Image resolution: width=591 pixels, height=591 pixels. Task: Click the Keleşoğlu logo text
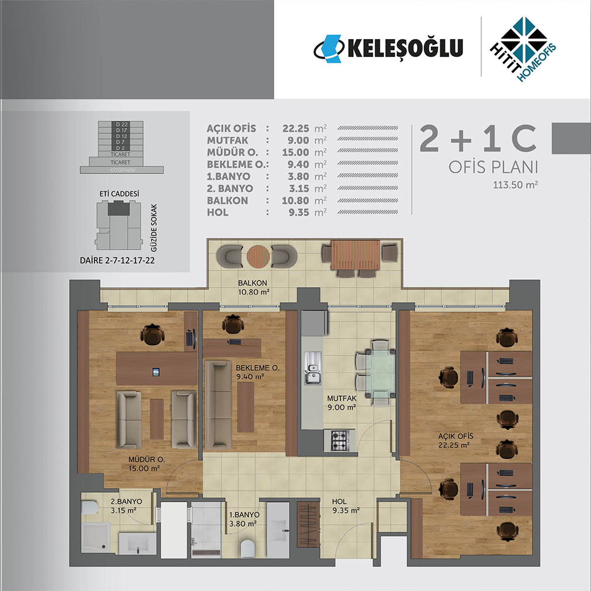pyautogui.click(x=405, y=48)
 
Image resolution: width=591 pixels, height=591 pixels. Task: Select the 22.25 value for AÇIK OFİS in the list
pyautogui.click(x=296, y=128)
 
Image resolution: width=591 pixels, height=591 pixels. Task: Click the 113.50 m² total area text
pyautogui.click(x=515, y=185)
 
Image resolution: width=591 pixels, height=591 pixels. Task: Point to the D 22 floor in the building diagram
pyautogui.click(x=121, y=124)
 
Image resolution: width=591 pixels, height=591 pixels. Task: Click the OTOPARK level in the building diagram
pyautogui.click(x=122, y=170)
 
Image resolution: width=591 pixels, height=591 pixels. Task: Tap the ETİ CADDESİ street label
pyautogui.click(x=119, y=193)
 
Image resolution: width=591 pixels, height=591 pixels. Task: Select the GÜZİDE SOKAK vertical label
pyautogui.click(x=154, y=228)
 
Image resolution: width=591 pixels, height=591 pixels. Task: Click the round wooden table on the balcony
pyautogui.click(x=258, y=256)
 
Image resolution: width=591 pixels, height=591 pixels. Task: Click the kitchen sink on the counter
pyautogui.click(x=313, y=368)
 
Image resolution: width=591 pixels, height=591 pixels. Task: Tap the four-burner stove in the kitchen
pyautogui.click(x=339, y=440)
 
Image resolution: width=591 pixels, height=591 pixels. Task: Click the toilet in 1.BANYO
pyautogui.click(x=248, y=548)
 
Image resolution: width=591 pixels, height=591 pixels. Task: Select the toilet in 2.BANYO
pyautogui.click(x=90, y=507)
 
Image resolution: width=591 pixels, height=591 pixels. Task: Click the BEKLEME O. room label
pyautogui.click(x=258, y=367)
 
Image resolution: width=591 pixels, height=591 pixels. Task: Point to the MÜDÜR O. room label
pyautogui.click(x=147, y=459)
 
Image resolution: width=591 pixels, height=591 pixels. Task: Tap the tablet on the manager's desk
pyautogui.click(x=155, y=372)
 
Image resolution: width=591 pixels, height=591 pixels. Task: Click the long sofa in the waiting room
pyautogui.click(x=217, y=405)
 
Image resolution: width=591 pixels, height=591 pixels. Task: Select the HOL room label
pyautogui.click(x=339, y=502)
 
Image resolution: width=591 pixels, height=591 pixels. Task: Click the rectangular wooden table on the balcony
pyautogui.click(x=355, y=255)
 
